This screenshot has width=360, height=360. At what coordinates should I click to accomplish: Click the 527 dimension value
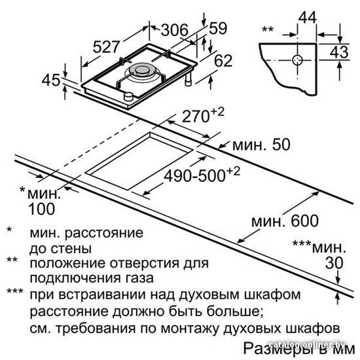[x=107, y=47]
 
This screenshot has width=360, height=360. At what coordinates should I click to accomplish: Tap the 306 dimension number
[x=175, y=30]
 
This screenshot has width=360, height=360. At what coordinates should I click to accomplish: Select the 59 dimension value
[x=218, y=28]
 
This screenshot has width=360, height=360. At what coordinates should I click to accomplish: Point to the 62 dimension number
[x=223, y=60]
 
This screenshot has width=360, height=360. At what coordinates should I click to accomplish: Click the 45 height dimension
[x=51, y=80]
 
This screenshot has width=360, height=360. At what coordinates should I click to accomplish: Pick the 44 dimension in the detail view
[x=308, y=17]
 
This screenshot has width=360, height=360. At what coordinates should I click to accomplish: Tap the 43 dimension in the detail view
[x=339, y=52]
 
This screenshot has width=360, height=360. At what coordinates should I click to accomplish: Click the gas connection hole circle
[x=297, y=60]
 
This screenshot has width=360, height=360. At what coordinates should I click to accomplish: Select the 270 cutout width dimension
[x=203, y=115]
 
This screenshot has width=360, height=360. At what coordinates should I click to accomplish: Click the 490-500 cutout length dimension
[x=202, y=175]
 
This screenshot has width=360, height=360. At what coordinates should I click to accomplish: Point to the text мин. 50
[x=261, y=145]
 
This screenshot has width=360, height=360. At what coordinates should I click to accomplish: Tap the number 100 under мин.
[x=41, y=209]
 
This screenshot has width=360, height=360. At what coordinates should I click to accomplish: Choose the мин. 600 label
[x=285, y=221]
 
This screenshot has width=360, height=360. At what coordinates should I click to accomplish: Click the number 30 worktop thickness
[x=334, y=263]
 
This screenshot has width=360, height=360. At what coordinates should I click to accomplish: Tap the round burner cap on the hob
[x=142, y=70]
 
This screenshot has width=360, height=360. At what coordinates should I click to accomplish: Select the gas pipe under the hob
[x=189, y=79]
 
